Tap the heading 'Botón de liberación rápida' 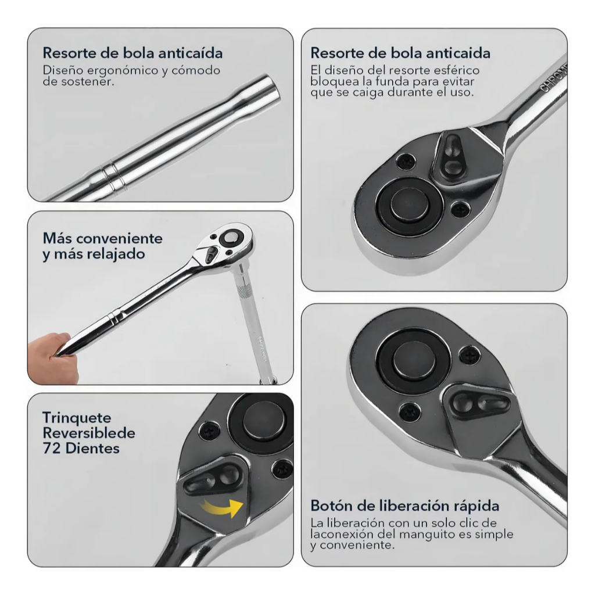point(404,506)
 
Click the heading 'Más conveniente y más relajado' point(102,246)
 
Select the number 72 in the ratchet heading point(51,448)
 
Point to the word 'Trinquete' point(77,417)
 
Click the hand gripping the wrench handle point(53,357)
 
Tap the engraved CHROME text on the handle point(553,78)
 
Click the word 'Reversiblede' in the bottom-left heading point(89,433)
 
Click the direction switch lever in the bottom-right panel point(479,403)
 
